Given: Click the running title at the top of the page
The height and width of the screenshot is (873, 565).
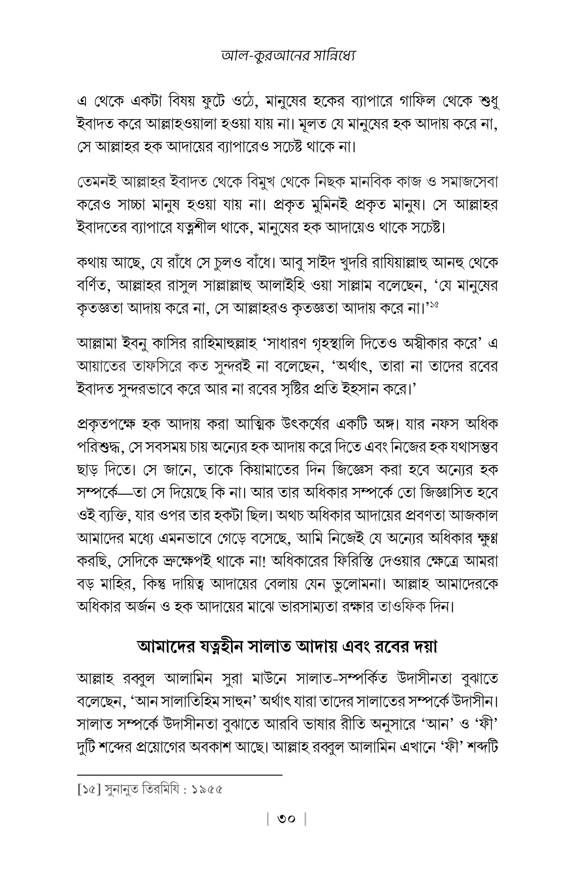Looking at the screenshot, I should tap(288, 55).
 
